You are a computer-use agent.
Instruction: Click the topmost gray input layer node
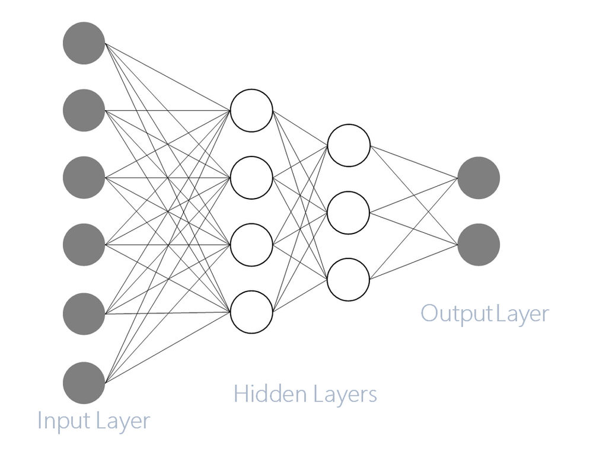point(84,43)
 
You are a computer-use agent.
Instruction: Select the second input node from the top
point(84,110)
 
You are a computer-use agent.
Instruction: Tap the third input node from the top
point(84,178)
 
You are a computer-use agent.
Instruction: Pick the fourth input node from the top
point(84,245)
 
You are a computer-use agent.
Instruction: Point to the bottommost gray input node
point(84,383)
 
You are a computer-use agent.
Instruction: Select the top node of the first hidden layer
point(251,110)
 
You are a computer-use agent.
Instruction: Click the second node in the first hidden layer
point(251,177)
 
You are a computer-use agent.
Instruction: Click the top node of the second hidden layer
point(349,145)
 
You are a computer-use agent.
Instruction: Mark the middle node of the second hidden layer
point(349,212)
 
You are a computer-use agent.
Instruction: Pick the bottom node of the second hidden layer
point(349,278)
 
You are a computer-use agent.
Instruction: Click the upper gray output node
point(479,177)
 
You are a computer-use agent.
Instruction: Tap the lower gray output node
point(479,244)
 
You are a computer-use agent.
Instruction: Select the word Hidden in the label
point(266,394)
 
